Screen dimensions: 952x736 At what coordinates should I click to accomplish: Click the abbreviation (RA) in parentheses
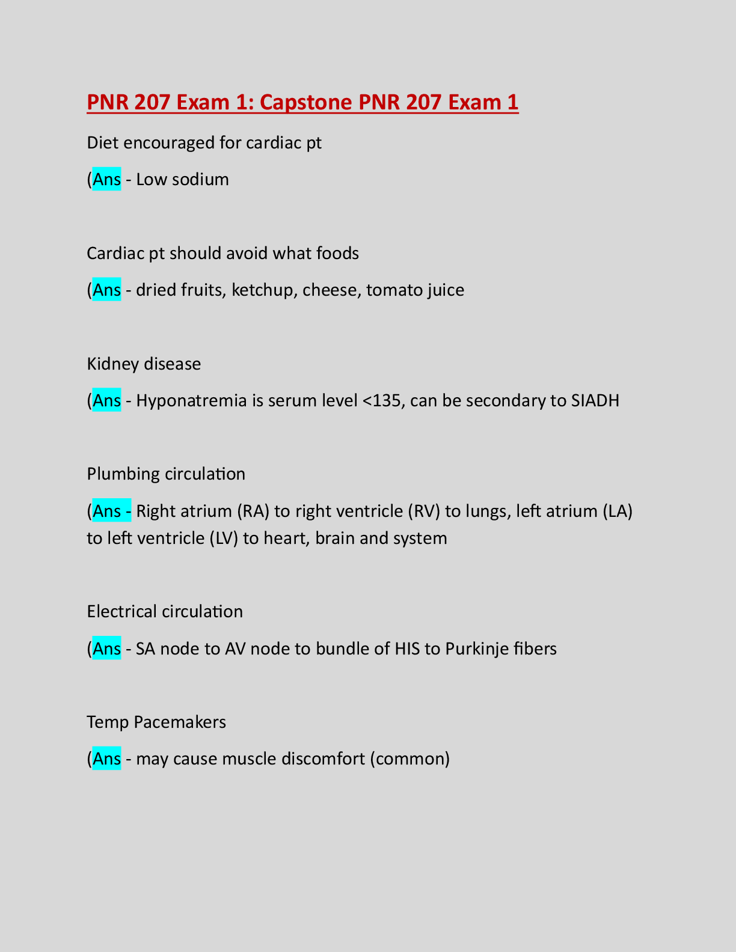pyautogui.click(x=252, y=511)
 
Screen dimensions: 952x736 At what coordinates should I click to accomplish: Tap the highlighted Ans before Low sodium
pyautogui.click(x=107, y=180)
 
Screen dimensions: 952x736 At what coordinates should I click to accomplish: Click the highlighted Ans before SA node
pyautogui.click(x=107, y=649)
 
